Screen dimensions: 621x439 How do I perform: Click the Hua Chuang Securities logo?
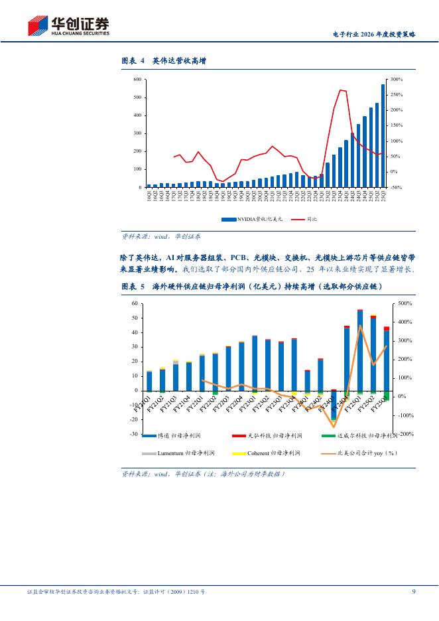point(68,26)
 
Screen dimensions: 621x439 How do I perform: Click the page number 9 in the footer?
point(414,591)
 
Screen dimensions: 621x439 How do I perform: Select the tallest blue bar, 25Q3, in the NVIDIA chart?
point(383,135)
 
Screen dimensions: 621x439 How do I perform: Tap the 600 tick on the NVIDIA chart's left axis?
point(137,80)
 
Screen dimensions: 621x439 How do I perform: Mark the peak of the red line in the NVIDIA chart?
point(340,90)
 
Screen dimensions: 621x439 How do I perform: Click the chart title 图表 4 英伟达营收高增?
point(164,61)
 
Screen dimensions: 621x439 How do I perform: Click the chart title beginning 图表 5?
point(252,286)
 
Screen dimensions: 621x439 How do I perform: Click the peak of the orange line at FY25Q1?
point(360,326)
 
